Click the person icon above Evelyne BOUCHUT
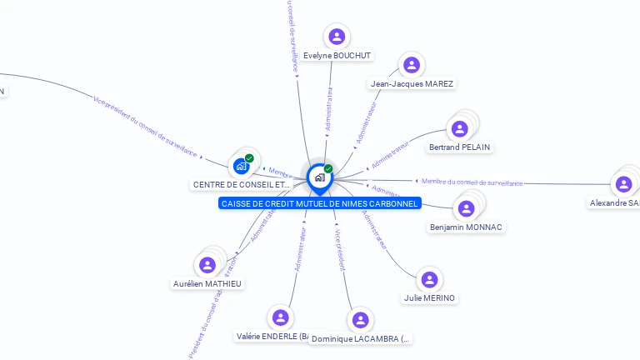point(337,37)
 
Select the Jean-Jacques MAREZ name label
point(412,83)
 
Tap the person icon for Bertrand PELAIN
point(459,129)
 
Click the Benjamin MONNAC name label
point(467,227)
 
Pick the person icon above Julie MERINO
point(429,280)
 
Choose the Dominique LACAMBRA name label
point(360,339)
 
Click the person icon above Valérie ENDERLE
point(280,317)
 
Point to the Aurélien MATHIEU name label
point(207,283)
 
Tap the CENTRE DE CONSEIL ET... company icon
point(242,166)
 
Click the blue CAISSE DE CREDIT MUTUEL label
point(320,203)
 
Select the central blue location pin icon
point(319,177)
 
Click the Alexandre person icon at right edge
point(623,184)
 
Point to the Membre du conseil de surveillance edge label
point(472,182)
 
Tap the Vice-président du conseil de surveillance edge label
point(146,126)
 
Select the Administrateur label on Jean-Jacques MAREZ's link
point(367,124)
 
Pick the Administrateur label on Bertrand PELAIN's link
point(390,155)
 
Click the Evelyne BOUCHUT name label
point(337,56)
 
